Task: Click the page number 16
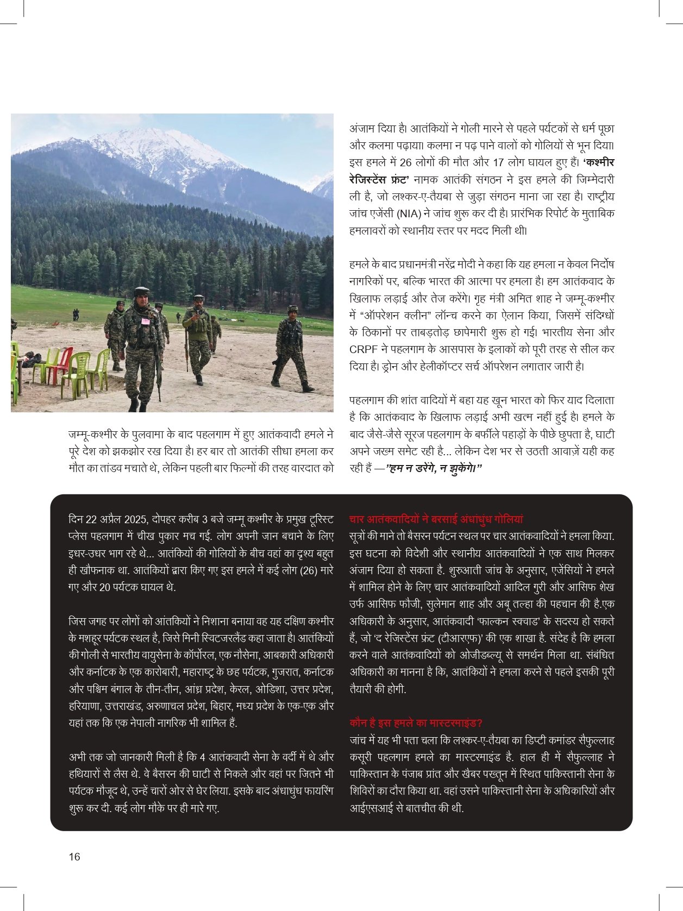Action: tap(74, 857)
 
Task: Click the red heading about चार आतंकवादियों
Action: tap(436, 519)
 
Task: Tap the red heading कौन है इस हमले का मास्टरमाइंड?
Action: tap(416, 722)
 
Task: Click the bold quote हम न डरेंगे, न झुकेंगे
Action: tap(434, 468)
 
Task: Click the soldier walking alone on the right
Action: tap(292, 348)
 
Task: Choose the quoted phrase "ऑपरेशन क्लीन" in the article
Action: tap(390, 315)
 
